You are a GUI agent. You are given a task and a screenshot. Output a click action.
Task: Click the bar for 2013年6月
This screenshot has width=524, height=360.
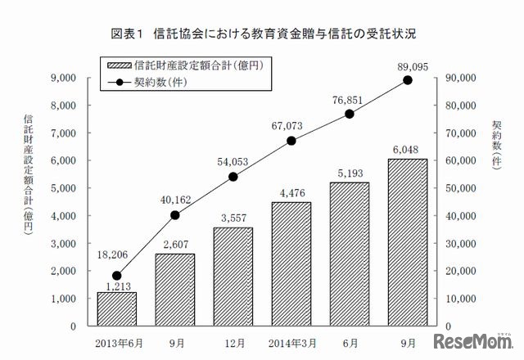[117, 308]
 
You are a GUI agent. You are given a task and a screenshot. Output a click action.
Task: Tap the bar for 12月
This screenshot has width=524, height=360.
[233, 277]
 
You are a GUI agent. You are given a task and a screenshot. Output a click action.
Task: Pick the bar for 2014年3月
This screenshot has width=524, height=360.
[291, 263]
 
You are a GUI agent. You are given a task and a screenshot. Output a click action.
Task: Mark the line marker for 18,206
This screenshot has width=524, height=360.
[117, 276]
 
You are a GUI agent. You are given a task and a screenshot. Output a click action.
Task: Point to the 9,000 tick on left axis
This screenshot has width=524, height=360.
[63, 78]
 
